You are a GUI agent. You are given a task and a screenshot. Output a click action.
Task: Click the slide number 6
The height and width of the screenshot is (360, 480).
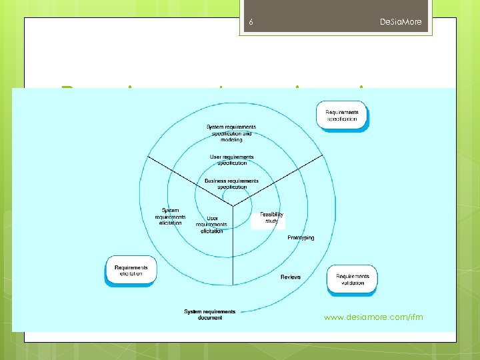click(251, 23)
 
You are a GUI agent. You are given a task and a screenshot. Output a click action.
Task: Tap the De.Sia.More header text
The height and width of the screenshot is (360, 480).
click(401, 23)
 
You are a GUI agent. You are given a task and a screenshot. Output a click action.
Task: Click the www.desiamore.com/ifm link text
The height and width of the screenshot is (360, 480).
click(373, 317)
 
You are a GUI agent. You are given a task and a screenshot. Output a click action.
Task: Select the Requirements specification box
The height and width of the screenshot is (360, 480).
click(341, 115)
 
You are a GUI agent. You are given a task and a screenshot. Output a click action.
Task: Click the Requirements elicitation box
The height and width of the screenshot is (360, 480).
click(131, 271)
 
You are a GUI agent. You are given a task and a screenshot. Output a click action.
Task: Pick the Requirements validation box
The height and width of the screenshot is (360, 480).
click(352, 279)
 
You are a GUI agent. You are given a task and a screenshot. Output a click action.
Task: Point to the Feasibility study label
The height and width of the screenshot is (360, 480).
click(271, 217)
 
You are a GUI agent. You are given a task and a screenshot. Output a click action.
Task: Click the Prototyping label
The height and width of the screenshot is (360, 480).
click(301, 238)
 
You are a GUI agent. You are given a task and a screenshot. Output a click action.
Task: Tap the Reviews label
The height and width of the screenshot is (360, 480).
click(291, 277)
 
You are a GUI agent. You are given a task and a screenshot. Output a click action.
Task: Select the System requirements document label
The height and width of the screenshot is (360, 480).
click(210, 315)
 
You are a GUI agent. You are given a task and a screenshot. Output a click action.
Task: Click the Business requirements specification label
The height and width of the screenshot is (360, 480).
click(231, 184)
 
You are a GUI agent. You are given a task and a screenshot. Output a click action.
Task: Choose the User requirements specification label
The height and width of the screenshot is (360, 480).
click(231, 160)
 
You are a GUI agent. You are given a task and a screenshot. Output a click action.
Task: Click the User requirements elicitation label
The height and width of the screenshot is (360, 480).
click(212, 224)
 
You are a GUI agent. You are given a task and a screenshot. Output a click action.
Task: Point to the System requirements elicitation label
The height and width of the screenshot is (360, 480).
click(170, 217)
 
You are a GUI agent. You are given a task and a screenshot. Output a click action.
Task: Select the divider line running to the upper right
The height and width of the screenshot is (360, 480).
click(280, 178)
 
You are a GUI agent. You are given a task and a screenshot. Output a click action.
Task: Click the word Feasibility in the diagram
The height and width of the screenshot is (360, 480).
click(271, 215)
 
